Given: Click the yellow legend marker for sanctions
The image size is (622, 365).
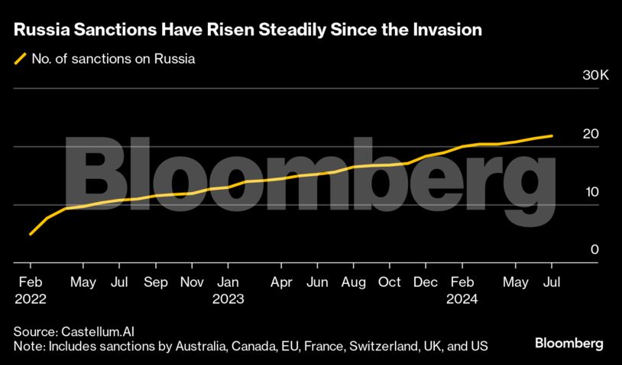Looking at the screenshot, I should pyautogui.click(x=20, y=58).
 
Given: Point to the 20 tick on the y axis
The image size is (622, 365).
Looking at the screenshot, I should pyautogui.click(x=590, y=134).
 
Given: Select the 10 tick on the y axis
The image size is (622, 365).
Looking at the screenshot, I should pyautogui.click(x=590, y=192).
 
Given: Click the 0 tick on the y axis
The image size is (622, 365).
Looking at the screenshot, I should pyautogui.click(x=594, y=250).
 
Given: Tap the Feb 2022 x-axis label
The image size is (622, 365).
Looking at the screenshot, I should pyautogui.click(x=30, y=290).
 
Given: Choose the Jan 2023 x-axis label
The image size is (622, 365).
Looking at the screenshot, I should pyautogui.click(x=228, y=290).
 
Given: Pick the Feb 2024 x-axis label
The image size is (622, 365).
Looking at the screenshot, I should pyautogui.click(x=462, y=290).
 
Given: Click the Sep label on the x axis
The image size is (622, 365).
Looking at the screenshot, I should pyautogui.click(x=155, y=282).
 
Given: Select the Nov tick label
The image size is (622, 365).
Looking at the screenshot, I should pyautogui.click(x=191, y=282).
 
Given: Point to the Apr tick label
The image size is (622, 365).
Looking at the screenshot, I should pyautogui.click(x=282, y=282).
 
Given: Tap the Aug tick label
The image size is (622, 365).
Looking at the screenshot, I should pyautogui.click(x=353, y=282).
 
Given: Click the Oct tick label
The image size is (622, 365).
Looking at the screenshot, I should pyautogui.click(x=390, y=282).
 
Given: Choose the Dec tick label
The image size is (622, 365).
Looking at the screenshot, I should pyautogui.click(x=426, y=282).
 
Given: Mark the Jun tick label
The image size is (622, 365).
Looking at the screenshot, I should pyautogui.click(x=318, y=282).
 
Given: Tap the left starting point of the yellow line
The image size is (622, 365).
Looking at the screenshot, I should pyautogui.click(x=30, y=234).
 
